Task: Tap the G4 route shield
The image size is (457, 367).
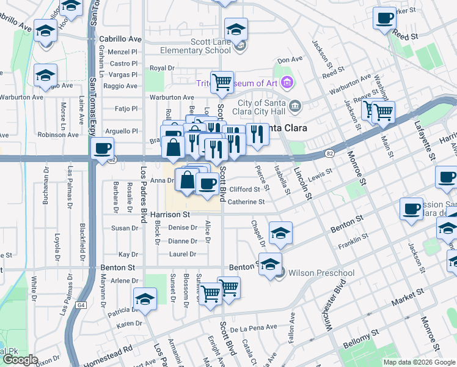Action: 81,305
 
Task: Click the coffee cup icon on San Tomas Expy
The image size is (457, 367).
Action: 102,149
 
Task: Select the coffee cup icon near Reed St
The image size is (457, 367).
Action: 384,19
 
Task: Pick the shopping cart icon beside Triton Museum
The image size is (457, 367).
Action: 223,81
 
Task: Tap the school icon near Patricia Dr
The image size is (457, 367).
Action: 145,299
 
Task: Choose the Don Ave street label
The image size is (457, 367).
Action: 290,60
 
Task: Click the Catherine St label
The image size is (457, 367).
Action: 247,201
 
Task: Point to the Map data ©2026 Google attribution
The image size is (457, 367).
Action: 419,362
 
